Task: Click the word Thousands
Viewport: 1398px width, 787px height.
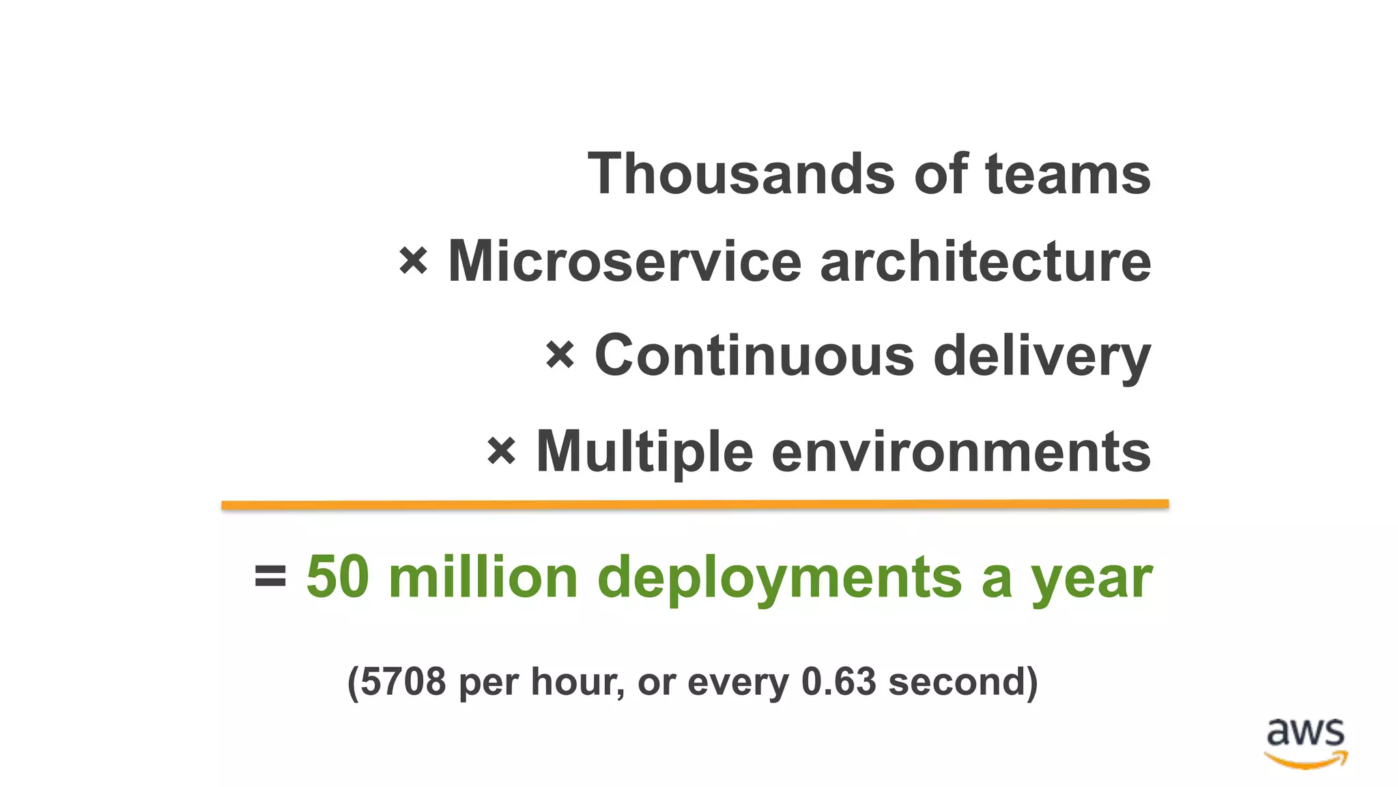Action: click(741, 174)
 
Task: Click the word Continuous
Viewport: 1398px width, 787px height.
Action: click(754, 355)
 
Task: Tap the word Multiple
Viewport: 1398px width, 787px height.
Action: click(644, 452)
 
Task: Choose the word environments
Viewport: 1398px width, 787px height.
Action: click(961, 452)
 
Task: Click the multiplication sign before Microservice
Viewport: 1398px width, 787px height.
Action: click(413, 261)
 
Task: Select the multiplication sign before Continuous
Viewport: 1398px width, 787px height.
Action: click(560, 355)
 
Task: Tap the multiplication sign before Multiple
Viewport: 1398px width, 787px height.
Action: click(501, 452)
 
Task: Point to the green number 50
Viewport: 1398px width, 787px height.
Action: click(337, 577)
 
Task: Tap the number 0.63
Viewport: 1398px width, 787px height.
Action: click(838, 682)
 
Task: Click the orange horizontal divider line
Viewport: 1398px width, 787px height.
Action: click(695, 505)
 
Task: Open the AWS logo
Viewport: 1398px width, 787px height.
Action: click(1305, 743)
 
